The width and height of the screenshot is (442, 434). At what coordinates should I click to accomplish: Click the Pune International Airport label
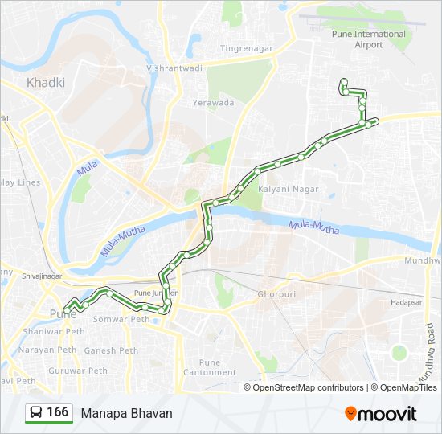tap(369, 39)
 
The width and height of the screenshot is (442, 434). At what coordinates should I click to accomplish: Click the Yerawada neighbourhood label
tap(213, 103)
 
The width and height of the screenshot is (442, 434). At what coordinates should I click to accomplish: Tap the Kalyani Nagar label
tap(289, 189)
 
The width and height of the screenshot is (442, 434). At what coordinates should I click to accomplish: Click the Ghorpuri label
tap(278, 294)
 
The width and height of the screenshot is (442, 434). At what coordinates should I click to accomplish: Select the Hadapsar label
tap(407, 303)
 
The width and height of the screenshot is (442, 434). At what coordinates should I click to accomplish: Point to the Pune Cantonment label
tap(209, 367)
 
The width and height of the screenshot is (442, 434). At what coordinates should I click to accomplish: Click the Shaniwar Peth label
tap(54, 331)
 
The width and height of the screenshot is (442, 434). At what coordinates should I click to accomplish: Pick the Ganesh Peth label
tap(111, 350)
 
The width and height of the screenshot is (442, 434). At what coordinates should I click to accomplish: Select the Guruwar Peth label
tap(77, 371)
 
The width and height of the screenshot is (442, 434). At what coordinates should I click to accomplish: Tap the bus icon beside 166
tap(35, 412)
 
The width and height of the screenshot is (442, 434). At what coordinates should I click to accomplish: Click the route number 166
tap(57, 412)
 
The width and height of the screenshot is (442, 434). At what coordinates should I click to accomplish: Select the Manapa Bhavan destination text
tap(126, 413)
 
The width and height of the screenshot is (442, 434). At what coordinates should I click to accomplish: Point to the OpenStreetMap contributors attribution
tap(304, 387)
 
